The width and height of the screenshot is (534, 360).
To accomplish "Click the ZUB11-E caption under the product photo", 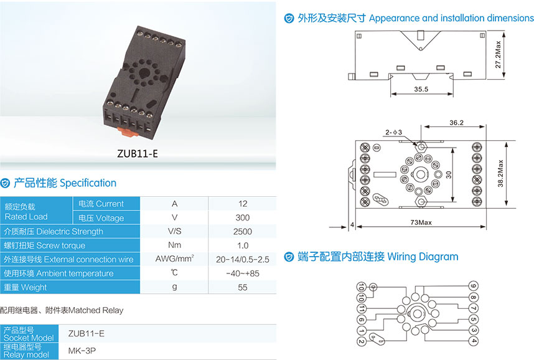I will [x=138, y=154].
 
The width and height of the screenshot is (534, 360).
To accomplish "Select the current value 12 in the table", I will [x=243, y=204].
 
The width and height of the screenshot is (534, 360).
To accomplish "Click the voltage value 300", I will [x=243, y=217].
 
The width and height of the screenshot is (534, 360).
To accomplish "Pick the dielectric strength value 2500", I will [x=243, y=232].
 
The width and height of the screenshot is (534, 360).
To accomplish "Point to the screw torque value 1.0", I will [x=243, y=245].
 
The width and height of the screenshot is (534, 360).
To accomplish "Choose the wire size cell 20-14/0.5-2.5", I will [x=243, y=259].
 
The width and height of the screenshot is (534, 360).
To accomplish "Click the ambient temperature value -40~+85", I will [x=243, y=273].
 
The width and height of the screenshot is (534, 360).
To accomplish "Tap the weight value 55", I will [x=243, y=287].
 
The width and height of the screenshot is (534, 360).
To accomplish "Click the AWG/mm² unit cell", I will [x=175, y=259].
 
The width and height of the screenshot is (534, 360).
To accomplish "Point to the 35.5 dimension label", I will [x=421, y=90].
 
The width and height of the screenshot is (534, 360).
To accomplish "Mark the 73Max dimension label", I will [x=421, y=222].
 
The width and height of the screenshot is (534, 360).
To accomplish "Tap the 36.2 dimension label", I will [x=456, y=123].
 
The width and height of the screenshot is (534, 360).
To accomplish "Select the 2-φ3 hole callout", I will [x=393, y=132].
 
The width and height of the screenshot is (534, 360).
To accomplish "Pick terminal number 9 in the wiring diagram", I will [x=474, y=287].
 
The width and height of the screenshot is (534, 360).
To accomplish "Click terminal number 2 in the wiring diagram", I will [x=361, y=341].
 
